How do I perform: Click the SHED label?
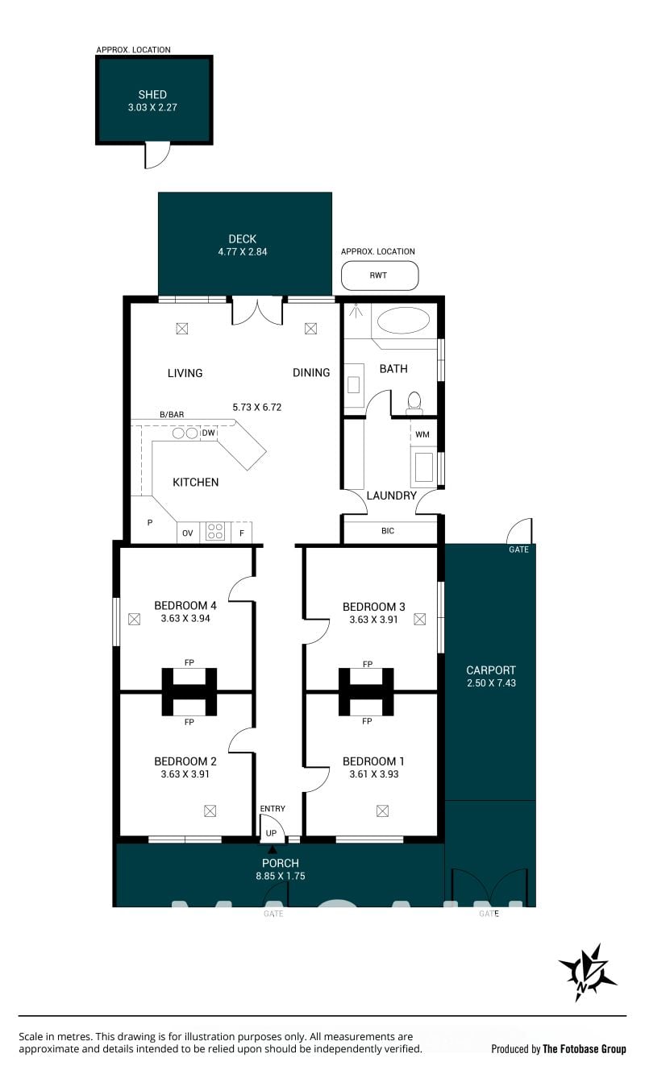coord(152,94)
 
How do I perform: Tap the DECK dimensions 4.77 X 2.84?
coord(243,251)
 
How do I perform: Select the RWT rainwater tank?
coord(380,276)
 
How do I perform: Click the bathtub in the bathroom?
coord(403,321)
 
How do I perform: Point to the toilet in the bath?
coord(414,403)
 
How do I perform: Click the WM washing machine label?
coord(422,434)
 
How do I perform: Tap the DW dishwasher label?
coord(208,433)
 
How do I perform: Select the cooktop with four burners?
coord(215,532)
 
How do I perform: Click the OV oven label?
coord(188,533)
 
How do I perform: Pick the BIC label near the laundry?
coord(388,531)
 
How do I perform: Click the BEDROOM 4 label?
coord(185,606)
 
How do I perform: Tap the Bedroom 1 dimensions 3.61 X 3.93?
coord(374,773)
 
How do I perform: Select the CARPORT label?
coord(491,670)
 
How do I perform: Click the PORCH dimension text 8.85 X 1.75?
coord(281,876)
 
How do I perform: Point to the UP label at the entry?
coord(271,833)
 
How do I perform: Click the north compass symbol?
coord(587,973)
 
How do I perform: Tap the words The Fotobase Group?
coord(584,1049)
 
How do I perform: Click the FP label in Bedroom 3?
coord(368,664)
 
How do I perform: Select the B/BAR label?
coord(172,414)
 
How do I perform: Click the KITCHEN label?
coord(196,483)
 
